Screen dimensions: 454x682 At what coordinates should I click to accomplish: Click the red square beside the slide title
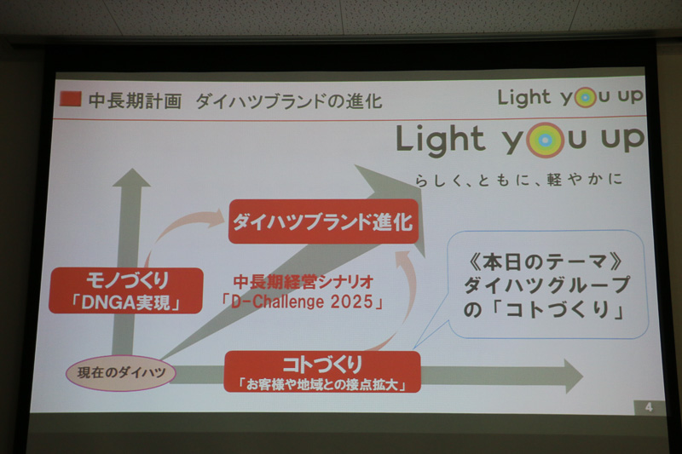pyautogui.click(x=72, y=99)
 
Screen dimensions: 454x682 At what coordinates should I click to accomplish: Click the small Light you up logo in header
pyautogui.click(x=570, y=96)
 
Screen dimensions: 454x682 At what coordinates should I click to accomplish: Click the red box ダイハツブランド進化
pyautogui.click(x=323, y=223)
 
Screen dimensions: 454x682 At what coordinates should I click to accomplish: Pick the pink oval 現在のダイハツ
pyautogui.click(x=119, y=372)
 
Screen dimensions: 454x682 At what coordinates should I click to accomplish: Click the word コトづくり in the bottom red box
pyautogui.click(x=323, y=364)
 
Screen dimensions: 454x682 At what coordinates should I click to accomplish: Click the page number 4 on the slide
pyautogui.click(x=649, y=407)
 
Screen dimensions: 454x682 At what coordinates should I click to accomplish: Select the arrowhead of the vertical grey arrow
pyautogui.click(x=130, y=179)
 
